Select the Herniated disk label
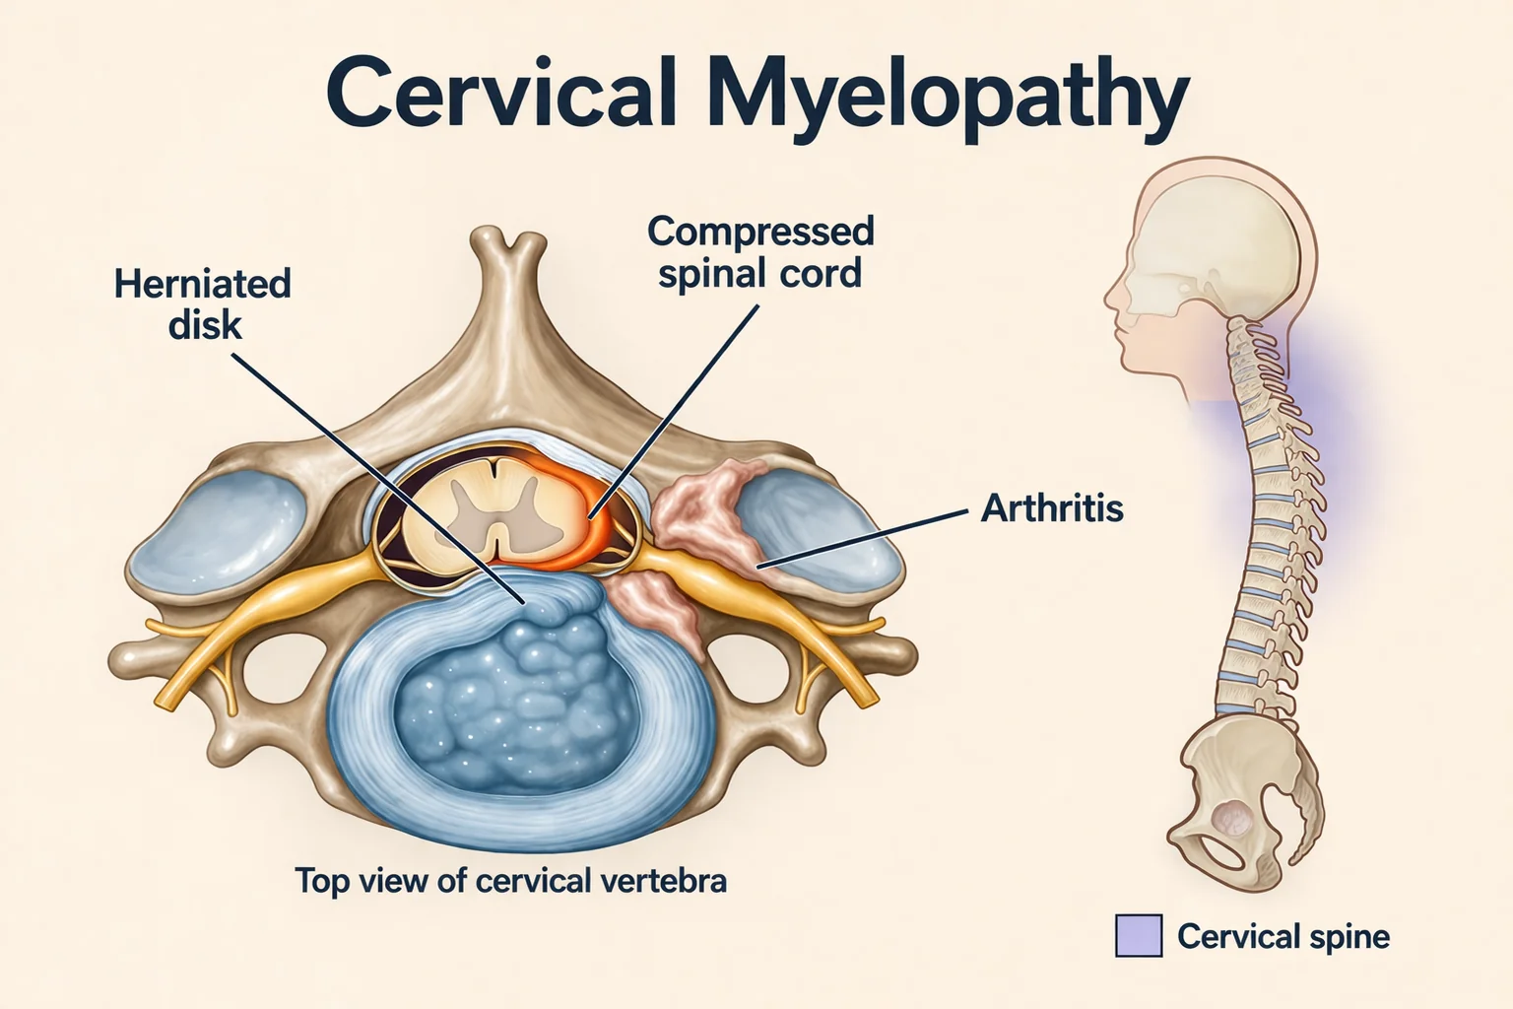(x=203, y=303)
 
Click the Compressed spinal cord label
(x=760, y=252)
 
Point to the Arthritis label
(x=1052, y=507)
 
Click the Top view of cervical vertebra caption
(x=510, y=881)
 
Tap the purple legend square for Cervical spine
(x=1138, y=935)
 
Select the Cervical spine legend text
(x=1283, y=937)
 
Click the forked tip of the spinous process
(x=508, y=243)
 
